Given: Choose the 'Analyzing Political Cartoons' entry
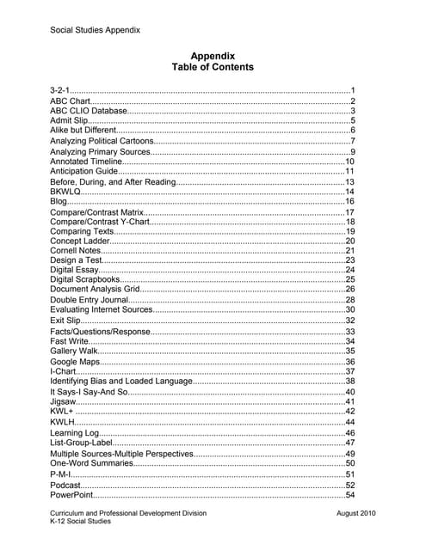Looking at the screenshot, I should pos(102,141).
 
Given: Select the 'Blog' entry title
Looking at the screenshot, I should pos(59,201).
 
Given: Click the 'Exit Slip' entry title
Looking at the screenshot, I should pos(65,321).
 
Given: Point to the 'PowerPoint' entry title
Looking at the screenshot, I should pos(71,495).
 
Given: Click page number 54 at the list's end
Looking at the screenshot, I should pos(350,495).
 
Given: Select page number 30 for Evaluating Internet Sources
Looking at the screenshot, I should pos(350,309).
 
